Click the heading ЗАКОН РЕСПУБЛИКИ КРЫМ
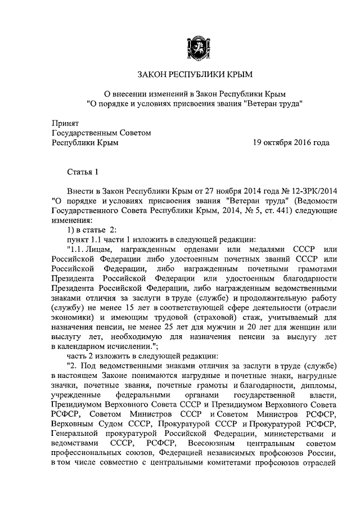[195, 74]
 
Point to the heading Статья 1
[83, 173]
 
